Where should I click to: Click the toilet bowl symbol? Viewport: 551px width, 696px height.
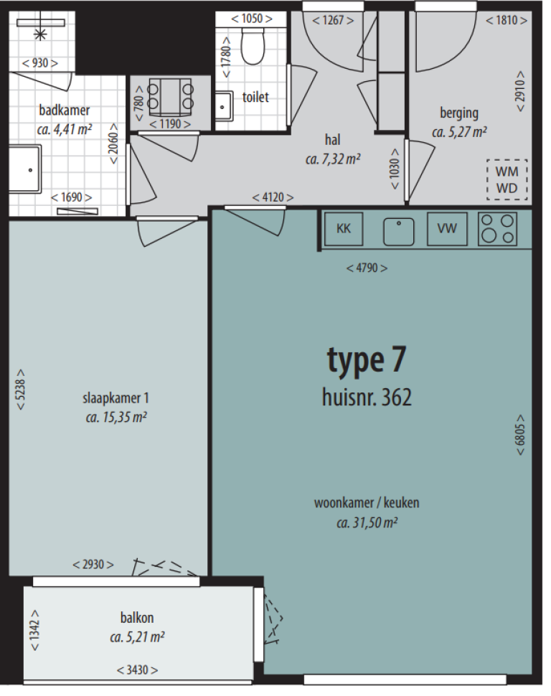coord(253,46)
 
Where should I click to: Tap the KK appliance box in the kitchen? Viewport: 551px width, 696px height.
coord(344,229)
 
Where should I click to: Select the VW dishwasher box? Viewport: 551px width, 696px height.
coord(447,229)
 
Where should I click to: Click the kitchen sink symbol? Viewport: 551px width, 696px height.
coord(399,231)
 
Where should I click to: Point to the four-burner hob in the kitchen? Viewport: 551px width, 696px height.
coord(497,229)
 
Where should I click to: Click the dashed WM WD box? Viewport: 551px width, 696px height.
coord(507,180)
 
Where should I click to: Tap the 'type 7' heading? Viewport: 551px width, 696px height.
coord(367,360)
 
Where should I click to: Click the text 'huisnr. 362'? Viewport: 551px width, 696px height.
coord(367,397)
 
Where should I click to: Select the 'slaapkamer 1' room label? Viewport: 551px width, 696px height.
coord(116,398)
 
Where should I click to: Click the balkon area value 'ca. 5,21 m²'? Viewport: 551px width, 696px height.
coord(137,637)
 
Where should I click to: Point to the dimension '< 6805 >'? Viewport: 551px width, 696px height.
coord(520,435)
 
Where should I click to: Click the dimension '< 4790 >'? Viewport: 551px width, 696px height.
coord(367,268)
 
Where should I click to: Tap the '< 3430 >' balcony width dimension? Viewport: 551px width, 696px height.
coord(137,670)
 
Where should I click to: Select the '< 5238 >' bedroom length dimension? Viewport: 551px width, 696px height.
coord(20,390)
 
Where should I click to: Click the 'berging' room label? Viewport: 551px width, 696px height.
coord(459,113)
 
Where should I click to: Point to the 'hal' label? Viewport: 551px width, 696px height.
coord(333,140)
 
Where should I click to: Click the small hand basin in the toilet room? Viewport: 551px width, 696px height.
coord(225,106)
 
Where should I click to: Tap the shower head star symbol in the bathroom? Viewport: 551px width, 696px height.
coord(40,34)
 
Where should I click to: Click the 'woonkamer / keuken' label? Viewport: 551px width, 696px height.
coord(367,503)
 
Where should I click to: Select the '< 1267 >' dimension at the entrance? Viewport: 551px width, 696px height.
coord(333,20)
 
